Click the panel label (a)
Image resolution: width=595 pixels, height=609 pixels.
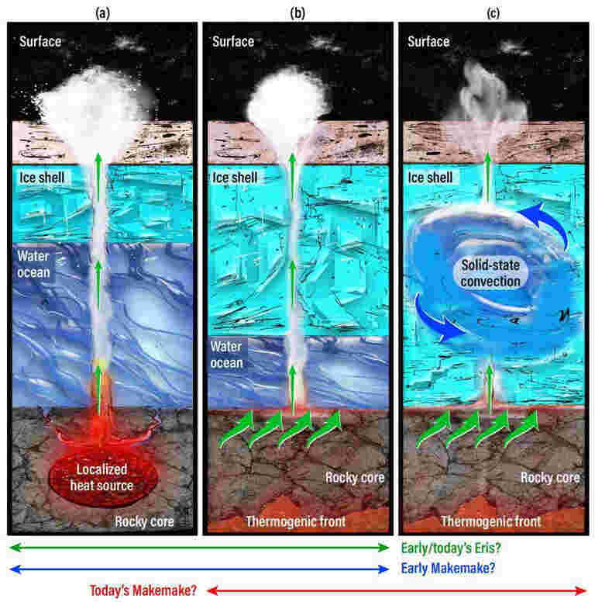[103, 14]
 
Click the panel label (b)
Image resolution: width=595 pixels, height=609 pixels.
[297, 14]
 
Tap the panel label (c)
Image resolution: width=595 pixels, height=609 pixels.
[493, 14]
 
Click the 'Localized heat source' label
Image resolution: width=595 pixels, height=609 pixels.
[101, 477]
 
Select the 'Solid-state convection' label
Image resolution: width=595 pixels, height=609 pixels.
[490, 273]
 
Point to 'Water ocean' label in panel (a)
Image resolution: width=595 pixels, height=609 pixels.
[34, 264]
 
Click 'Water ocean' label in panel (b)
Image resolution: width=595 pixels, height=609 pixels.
[226, 355]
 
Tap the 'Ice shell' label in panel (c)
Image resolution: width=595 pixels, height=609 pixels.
[430, 178]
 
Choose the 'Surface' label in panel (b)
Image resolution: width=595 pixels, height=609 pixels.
[233, 42]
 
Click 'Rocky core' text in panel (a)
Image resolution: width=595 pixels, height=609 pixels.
[144, 521]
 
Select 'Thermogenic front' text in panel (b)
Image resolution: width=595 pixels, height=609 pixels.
[296, 521]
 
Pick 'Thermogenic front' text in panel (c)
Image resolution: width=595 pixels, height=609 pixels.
[491, 521]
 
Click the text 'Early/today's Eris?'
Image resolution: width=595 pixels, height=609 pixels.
[451, 548]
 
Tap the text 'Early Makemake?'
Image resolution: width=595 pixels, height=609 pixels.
[448, 568]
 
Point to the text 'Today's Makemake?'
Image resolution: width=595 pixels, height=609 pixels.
[143, 590]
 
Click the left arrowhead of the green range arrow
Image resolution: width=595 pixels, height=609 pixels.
[15, 548]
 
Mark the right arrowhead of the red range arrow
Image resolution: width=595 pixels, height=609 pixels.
[581, 590]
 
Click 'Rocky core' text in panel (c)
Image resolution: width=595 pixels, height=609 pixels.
[550, 478]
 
